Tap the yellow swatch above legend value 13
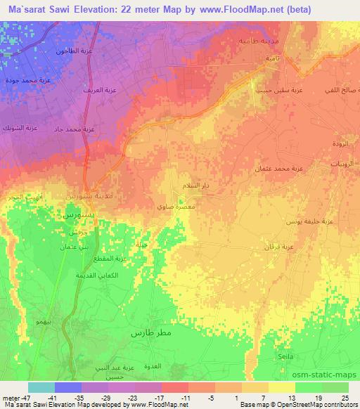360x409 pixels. [x=282, y=387]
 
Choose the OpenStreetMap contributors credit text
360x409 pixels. [x=318, y=405]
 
